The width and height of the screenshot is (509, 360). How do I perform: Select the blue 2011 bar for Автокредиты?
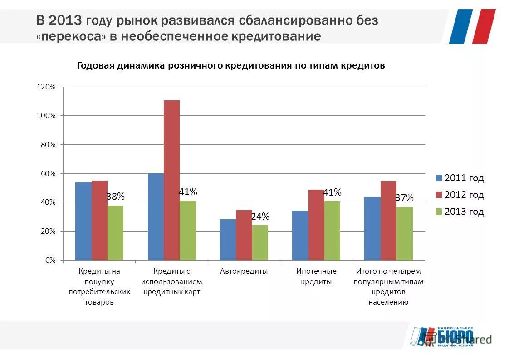(x=228, y=240)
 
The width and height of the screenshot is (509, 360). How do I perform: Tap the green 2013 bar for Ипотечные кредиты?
(x=332, y=231)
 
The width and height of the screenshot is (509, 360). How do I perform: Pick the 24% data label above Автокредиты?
(x=260, y=217)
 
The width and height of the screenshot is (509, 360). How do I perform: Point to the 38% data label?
(x=115, y=197)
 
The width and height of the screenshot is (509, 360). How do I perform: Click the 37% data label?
(x=404, y=198)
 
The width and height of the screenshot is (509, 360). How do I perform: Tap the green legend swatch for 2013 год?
(x=438, y=212)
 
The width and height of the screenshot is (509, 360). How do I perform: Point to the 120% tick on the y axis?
(x=46, y=87)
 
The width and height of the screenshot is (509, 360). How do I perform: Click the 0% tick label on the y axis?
(x=50, y=260)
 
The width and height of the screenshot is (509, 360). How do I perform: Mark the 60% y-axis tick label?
(x=48, y=173)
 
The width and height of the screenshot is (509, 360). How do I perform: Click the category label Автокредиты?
(x=244, y=271)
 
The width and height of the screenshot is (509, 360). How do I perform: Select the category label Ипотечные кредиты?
(x=316, y=276)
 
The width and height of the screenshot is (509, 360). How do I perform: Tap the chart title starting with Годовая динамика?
(x=231, y=66)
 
